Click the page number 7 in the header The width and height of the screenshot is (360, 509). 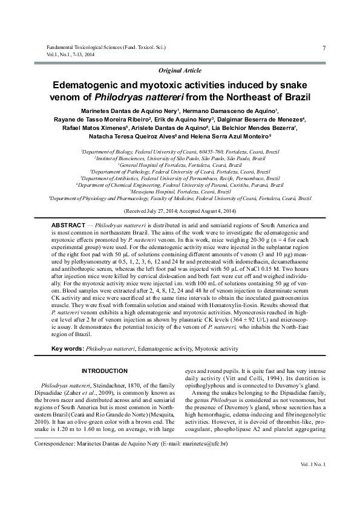pyautogui.click(x=324, y=48)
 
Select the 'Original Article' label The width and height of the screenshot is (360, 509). pyautogui.click(x=180, y=71)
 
